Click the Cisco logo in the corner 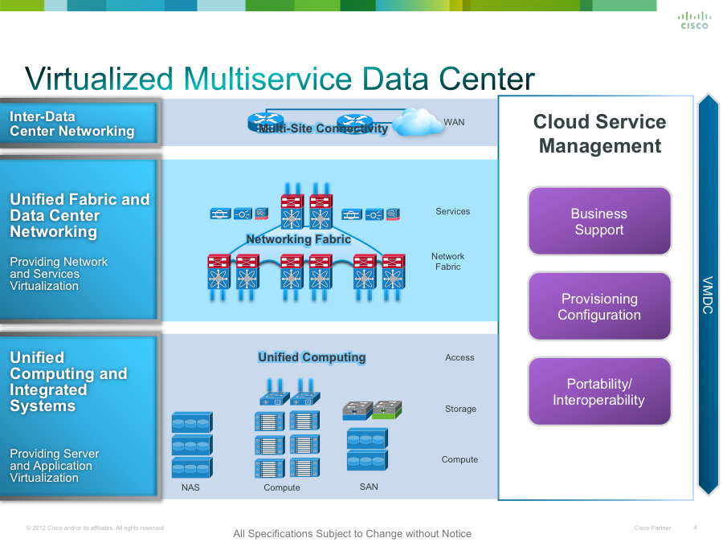(x=694, y=20)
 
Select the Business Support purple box (x=599, y=222)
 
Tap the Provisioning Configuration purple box (x=599, y=307)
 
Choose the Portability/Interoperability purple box (x=599, y=392)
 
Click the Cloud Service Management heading (x=599, y=134)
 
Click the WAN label (x=454, y=122)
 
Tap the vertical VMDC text (x=708, y=295)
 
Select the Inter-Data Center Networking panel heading (x=72, y=124)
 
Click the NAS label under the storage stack (x=190, y=487)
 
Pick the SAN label (x=369, y=487)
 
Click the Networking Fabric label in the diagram (x=298, y=239)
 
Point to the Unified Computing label (x=312, y=357)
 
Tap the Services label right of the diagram (x=452, y=211)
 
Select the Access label (x=460, y=357)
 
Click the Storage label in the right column (x=460, y=409)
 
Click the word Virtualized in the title (x=100, y=79)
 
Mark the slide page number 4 (x=695, y=528)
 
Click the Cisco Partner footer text (x=652, y=528)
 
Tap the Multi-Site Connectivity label (x=323, y=128)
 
